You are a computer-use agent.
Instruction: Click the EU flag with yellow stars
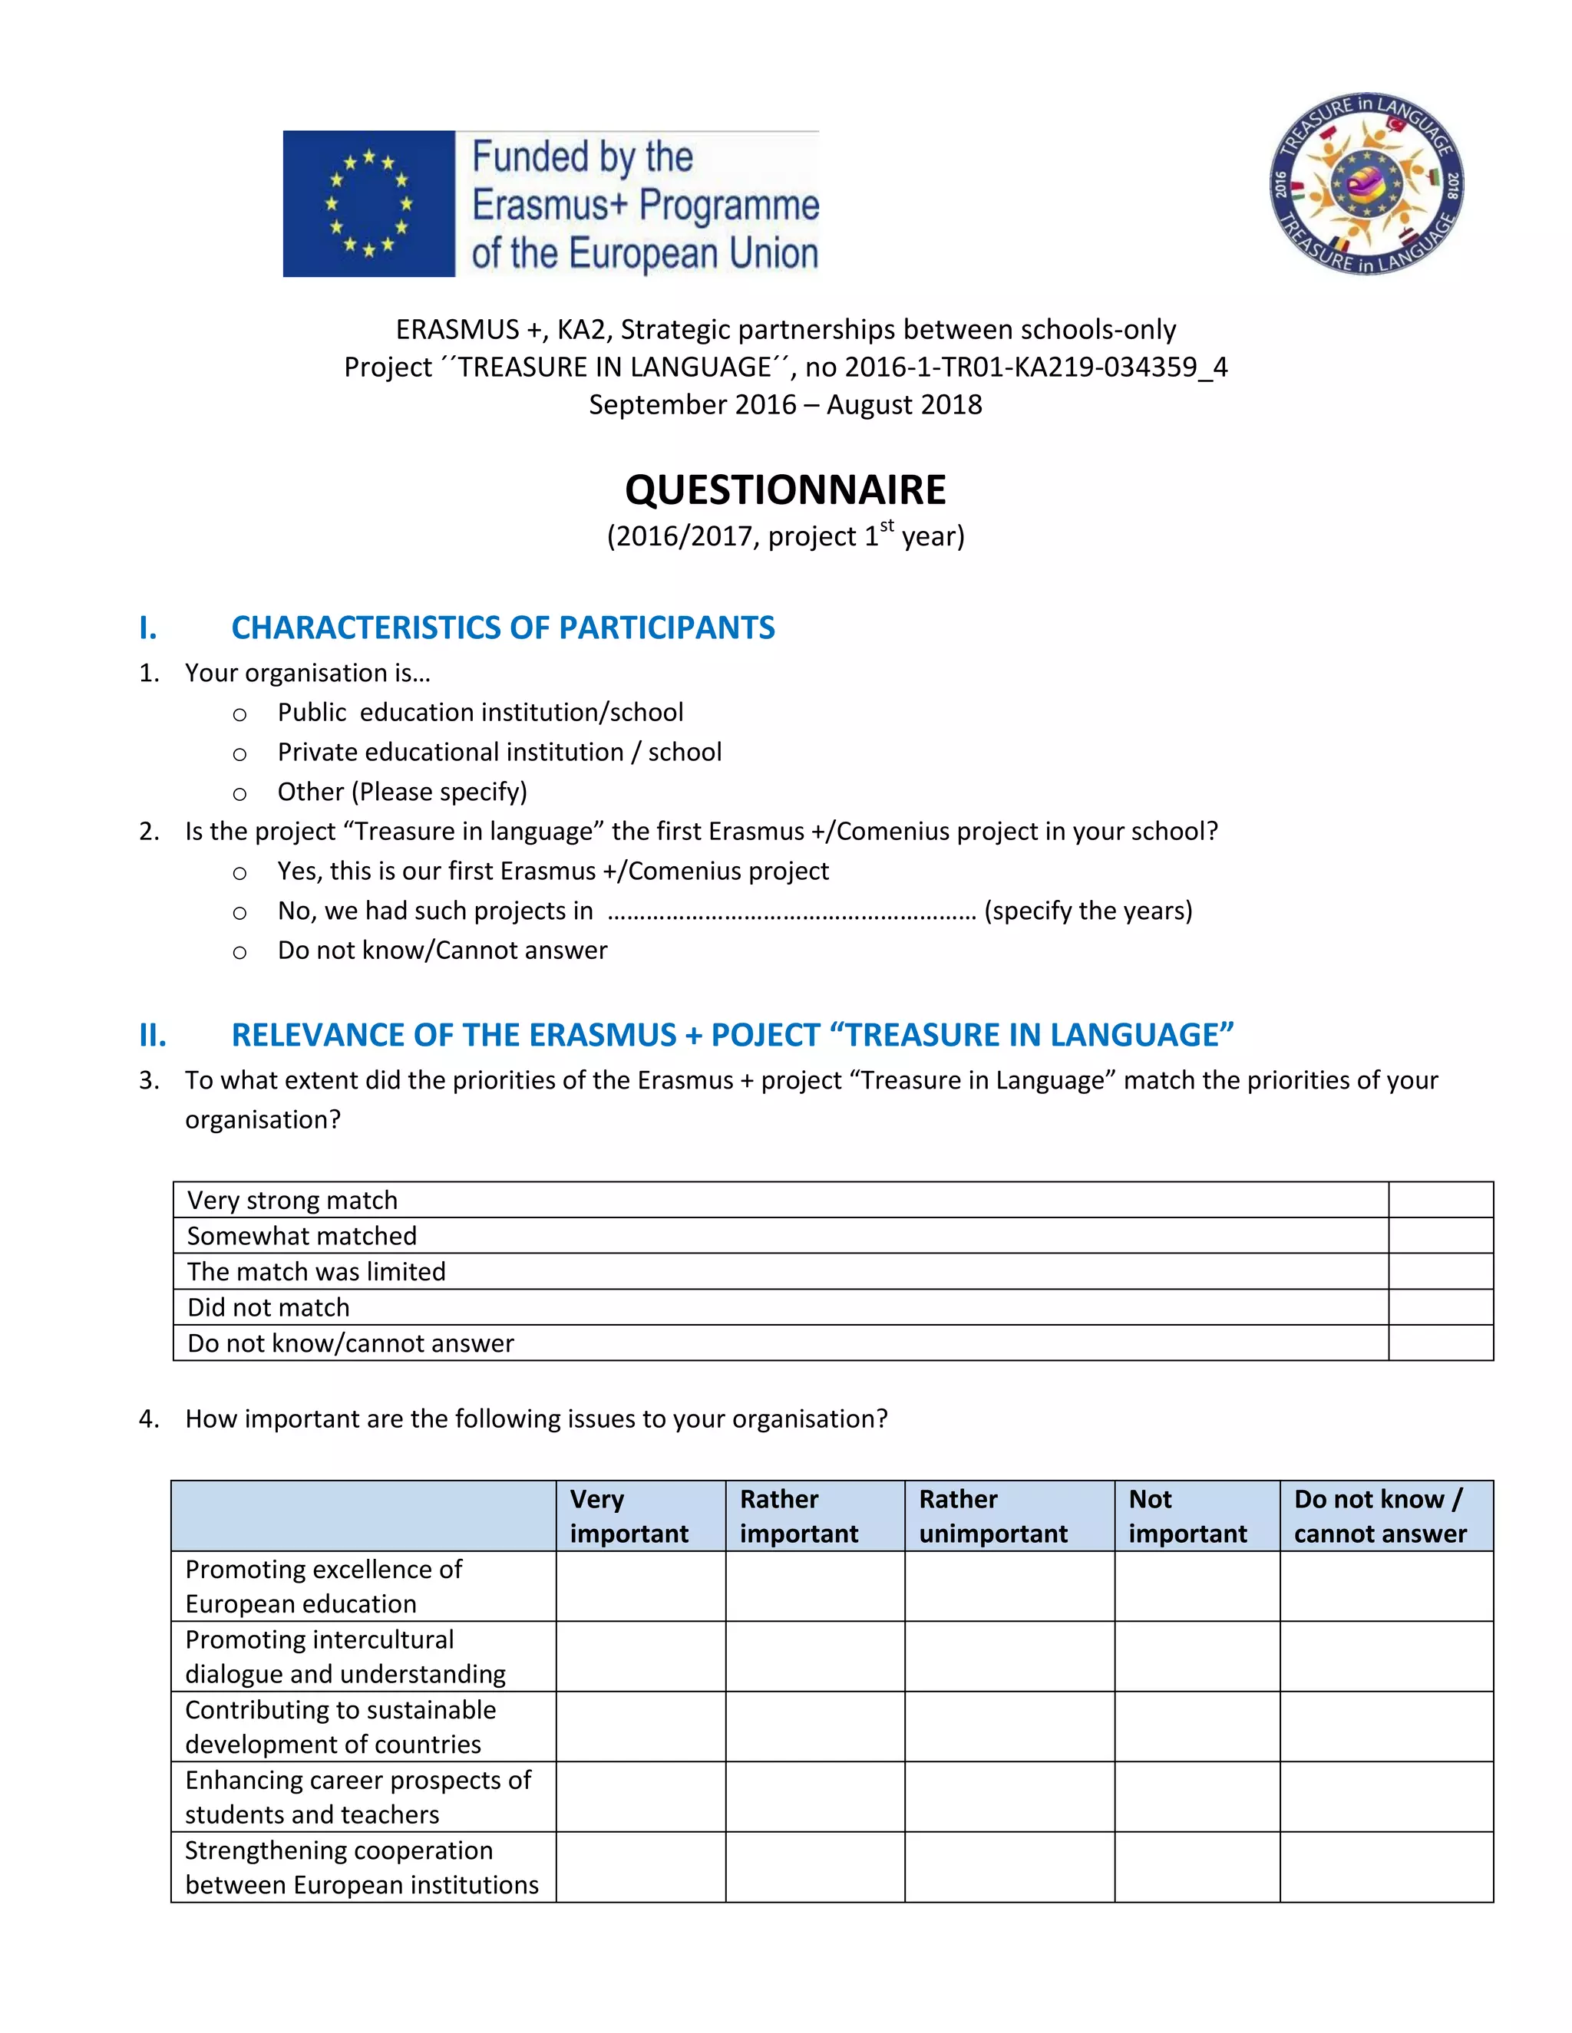[x=368, y=203]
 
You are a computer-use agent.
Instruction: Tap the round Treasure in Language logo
[x=1366, y=184]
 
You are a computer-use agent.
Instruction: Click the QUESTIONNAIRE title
[x=785, y=489]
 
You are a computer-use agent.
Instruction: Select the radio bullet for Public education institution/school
[x=239, y=715]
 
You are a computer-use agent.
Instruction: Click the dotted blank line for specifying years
[x=791, y=912]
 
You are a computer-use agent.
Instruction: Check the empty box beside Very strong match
[x=1440, y=1200]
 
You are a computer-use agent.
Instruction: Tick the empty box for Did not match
[x=1440, y=1307]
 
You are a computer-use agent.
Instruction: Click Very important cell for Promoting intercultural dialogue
[x=641, y=1656]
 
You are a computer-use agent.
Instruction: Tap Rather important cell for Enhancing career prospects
[x=815, y=1797]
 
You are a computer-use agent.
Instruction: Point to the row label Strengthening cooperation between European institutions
[x=362, y=1867]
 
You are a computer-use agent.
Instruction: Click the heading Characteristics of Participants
[x=503, y=628]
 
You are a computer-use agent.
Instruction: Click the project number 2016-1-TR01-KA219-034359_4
[x=1035, y=367]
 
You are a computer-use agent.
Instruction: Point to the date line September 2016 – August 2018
[x=785, y=404]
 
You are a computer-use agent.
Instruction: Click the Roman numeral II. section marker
[x=153, y=1035]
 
